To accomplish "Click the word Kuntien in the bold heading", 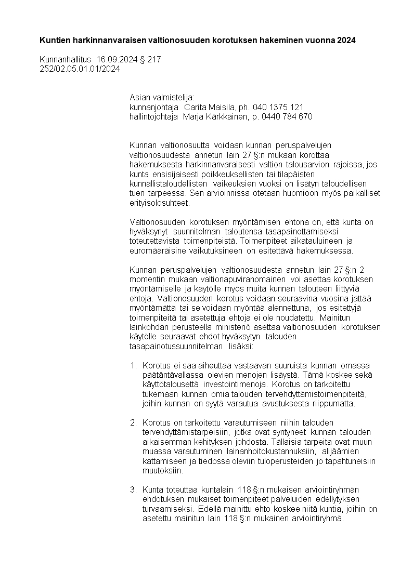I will [54, 41].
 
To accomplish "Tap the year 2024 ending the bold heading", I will [346, 41].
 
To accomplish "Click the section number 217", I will [154, 60].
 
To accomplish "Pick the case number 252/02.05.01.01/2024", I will [80, 69].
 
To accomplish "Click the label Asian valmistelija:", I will [161, 98].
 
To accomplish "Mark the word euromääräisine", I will [154, 250].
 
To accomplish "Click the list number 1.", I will [133, 365].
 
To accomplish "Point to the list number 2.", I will [133, 422].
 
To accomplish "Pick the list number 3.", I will [133, 489].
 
